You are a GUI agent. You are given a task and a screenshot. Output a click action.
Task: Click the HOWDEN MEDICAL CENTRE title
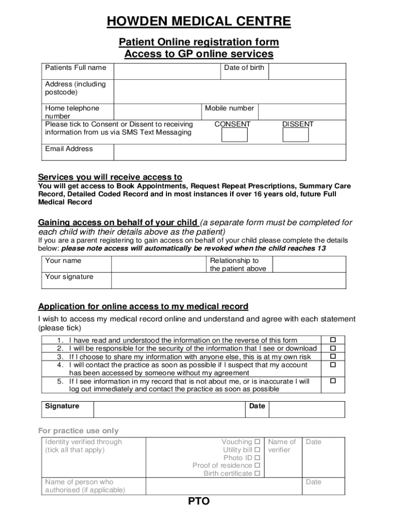(x=198, y=22)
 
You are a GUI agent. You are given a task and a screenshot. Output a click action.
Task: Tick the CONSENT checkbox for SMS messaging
(x=234, y=135)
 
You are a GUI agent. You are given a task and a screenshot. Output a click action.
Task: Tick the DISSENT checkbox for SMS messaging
(x=296, y=135)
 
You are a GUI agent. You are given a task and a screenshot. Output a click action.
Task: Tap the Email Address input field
(x=229, y=152)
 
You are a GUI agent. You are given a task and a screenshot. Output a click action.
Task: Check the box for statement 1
(x=333, y=340)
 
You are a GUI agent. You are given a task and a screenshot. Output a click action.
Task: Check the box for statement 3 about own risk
(x=333, y=357)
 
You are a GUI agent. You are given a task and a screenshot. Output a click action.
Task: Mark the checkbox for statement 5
(x=333, y=381)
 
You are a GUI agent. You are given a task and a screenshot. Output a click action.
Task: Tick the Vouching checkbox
(x=257, y=441)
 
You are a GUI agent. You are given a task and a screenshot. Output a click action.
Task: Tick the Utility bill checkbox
(x=257, y=450)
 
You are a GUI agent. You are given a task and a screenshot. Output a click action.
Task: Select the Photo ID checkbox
(x=257, y=458)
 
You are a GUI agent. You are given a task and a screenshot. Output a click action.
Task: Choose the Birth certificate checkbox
(x=257, y=473)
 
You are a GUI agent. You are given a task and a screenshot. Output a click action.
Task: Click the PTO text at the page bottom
(x=198, y=502)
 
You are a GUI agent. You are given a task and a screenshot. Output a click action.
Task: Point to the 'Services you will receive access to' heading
(x=110, y=177)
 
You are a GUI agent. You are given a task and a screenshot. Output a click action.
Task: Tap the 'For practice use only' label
(x=79, y=431)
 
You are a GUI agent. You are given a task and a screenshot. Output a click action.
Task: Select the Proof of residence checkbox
(x=257, y=465)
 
